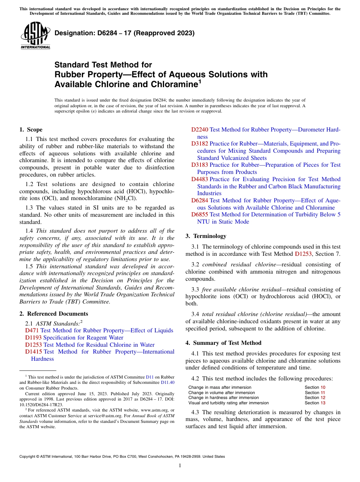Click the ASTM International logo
[35, 36]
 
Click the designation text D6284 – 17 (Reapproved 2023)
[124, 33]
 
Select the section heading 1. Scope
[31, 130]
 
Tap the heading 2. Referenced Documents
[54, 314]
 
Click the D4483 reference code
[199, 179]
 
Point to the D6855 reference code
[199, 214]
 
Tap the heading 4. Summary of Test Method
[223, 343]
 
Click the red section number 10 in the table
[323, 387]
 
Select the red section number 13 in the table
[323, 403]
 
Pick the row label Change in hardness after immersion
[224, 397]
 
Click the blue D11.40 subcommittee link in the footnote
[167, 383]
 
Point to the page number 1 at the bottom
[180, 466]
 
